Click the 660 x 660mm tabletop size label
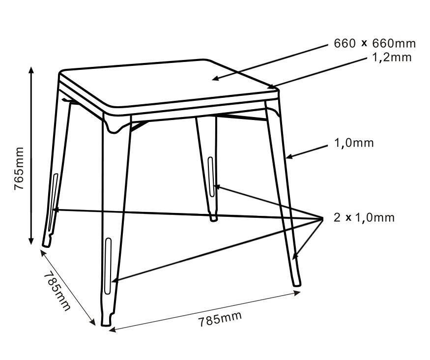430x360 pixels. [374, 43]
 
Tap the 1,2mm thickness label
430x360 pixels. [392, 58]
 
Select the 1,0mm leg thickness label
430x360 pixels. [354, 143]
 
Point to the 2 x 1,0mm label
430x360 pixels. [364, 217]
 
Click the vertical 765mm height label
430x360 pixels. [19, 169]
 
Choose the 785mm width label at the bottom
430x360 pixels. [220, 319]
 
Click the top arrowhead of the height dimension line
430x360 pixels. [31, 69]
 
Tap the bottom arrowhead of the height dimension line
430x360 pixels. [31, 240]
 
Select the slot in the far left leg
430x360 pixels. [53, 202]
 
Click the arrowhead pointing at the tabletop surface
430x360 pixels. [216, 79]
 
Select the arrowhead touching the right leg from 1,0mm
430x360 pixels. [289, 157]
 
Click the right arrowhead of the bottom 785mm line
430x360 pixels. [297, 293]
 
